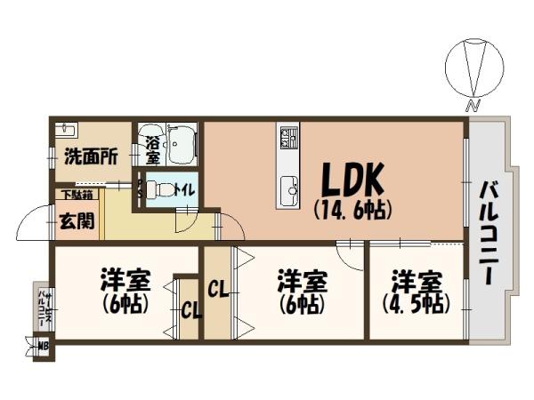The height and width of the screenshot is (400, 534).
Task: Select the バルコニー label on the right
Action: point(489,234)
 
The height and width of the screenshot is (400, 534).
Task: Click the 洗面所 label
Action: point(90,157)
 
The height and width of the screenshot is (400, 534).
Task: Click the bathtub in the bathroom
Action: point(182,145)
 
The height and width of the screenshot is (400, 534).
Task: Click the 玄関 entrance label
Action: point(76,220)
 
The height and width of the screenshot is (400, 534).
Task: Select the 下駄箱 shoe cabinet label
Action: point(75,195)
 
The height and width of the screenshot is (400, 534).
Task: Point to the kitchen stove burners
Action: point(289,138)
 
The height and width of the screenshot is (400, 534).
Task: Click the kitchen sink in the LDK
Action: point(289,188)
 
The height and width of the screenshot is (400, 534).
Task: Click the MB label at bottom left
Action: point(41,344)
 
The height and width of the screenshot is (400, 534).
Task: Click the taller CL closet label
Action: point(217,289)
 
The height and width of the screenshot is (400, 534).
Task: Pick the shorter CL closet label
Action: point(190,311)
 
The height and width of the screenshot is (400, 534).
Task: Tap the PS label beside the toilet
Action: point(139,189)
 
